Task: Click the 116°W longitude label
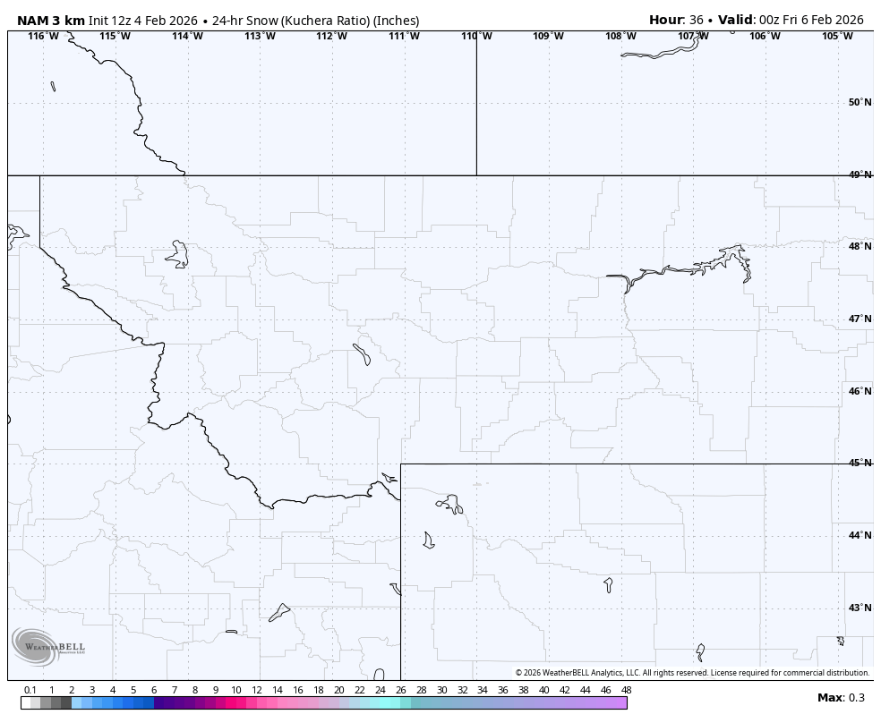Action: click(43, 36)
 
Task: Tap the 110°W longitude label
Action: click(476, 36)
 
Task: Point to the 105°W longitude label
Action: click(837, 36)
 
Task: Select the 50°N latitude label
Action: click(860, 102)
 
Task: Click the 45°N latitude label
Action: click(860, 463)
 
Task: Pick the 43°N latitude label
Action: click(860, 608)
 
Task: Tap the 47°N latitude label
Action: click(860, 319)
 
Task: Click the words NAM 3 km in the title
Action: click(51, 20)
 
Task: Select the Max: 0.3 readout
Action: click(841, 698)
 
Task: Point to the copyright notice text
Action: click(692, 673)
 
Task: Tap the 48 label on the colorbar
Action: click(626, 690)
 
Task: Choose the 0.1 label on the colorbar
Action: click(30, 690)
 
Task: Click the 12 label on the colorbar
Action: click(257, 690)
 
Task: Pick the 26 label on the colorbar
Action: click(400, 690)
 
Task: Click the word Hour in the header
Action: click(666, 20)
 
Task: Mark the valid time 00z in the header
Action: click(771, 20)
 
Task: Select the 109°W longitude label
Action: click(548, 36)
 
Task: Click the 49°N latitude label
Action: click(860, 174)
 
